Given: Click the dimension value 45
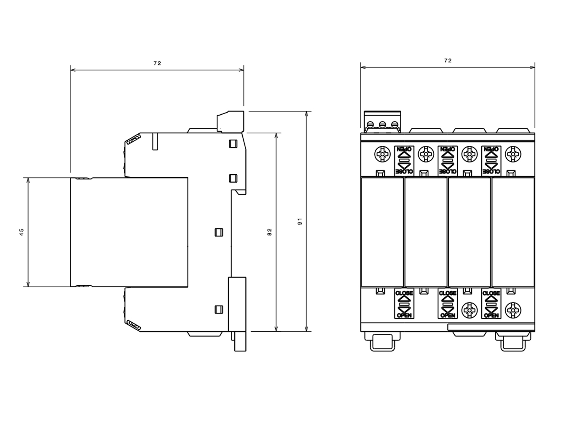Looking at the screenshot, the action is [22, 232].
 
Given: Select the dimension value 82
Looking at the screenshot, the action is [269, 232].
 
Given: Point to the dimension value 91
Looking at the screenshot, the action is [300, 221].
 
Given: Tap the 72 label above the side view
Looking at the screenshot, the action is [157, 63].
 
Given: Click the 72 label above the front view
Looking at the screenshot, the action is [448, 61].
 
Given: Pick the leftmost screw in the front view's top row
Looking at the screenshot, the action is [382, 154].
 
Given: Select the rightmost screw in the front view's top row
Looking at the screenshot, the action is [513, 154].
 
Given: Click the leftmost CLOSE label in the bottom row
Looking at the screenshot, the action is [404, 293].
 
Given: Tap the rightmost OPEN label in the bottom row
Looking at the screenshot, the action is [491, 315].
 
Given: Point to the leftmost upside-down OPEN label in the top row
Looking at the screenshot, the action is [404, 149].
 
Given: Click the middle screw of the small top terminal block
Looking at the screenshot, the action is [382, 124].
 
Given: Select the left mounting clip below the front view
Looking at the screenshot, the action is [382, 342].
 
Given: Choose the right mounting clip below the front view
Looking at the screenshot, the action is [513, 342].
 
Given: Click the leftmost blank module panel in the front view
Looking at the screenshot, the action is [382, 232].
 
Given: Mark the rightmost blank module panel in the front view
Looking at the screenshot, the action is [513, 232].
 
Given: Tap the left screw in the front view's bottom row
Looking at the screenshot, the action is [469, 310].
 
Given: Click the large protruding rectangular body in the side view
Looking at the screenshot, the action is [129, 232].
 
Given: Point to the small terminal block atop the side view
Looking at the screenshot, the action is [231, 122].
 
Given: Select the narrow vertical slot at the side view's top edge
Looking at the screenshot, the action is [155, 141].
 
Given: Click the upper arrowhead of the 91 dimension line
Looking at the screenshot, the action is [306, 114].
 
